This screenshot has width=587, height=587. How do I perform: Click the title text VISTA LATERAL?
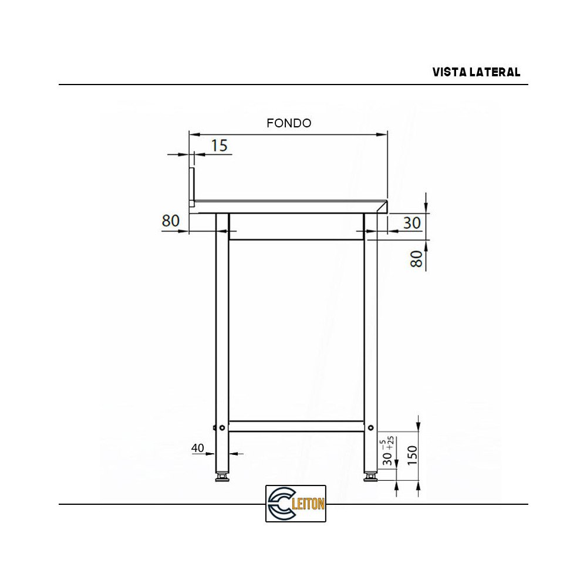point(476,72)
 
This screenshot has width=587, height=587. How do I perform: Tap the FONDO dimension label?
point(288,123)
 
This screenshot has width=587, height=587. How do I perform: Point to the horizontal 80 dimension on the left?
point(170,221)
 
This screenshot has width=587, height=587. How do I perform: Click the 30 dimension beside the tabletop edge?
point(413,222)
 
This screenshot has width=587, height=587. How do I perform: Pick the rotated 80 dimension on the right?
point(416,258)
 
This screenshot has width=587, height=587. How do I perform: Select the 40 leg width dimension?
point(197,448)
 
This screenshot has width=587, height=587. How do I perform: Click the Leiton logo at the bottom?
point(295,503)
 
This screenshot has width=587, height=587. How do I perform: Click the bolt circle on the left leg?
point(221,427)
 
